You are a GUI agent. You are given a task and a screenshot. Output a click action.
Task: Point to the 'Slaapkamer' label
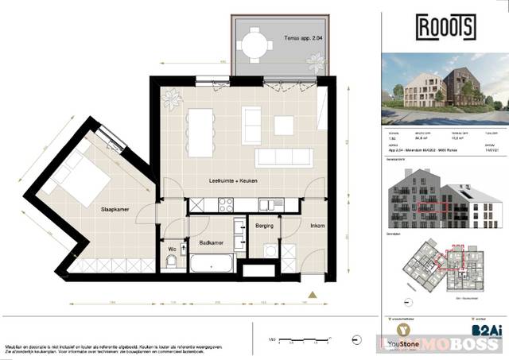115,211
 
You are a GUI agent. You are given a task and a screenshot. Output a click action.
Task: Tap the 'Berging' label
265,226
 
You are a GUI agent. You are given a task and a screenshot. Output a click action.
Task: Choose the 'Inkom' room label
317,226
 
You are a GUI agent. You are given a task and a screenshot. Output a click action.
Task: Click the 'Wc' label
172,249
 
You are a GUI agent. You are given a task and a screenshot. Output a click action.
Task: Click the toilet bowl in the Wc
173,265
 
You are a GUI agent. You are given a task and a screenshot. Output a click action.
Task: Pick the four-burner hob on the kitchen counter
225,203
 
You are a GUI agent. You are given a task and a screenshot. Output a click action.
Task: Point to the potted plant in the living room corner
171,99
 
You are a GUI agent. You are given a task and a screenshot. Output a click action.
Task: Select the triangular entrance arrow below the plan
313,295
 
